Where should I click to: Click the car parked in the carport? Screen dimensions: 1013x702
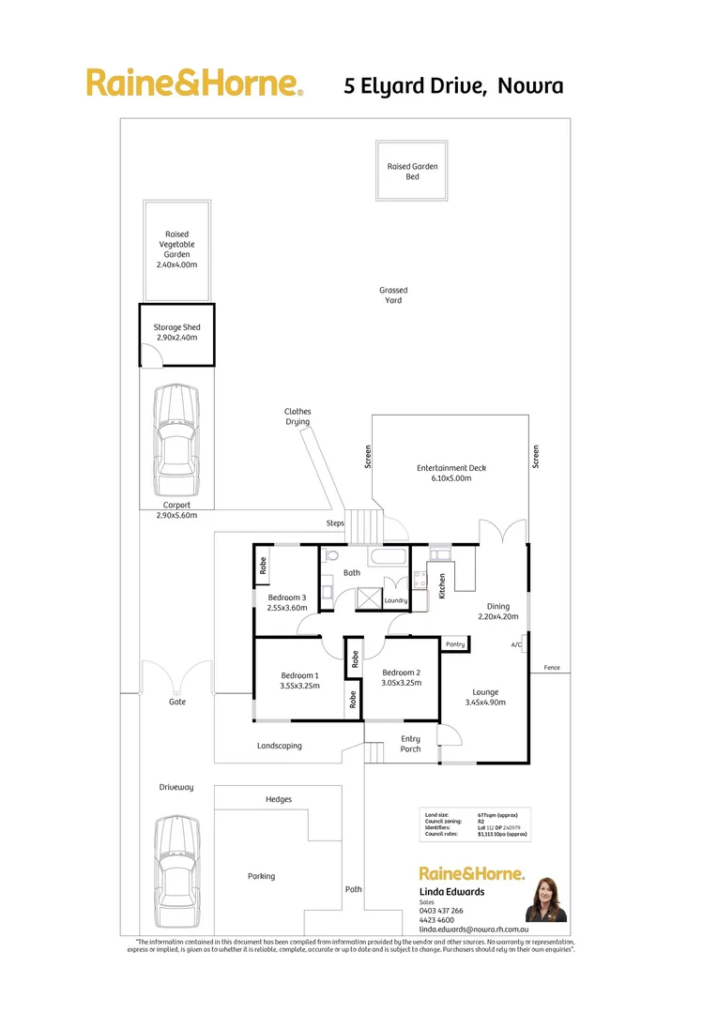click(x=176, y=443)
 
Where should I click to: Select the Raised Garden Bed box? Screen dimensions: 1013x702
click(x=412, y=171)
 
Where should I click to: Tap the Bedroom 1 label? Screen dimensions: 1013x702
click(x=299, y=679)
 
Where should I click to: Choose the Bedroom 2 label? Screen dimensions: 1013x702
click(x=401, y=678)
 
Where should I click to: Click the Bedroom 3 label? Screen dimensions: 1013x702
click(x=287, y=602)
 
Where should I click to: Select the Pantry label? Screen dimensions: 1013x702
click(x=455, y=644)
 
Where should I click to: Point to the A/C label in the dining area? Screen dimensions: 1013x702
click(x=516, y=645)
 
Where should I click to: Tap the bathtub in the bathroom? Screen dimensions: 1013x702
click(x=389, y=557)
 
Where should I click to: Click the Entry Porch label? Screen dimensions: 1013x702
click(x=411, y=744)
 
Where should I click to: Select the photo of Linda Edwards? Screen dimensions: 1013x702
click(x=546, y=900)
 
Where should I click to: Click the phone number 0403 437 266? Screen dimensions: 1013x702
click(x=441, y=911)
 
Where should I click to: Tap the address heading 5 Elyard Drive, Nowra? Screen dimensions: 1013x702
click(x=453, y=86)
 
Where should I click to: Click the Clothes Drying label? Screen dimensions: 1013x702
click(x=298, y=416)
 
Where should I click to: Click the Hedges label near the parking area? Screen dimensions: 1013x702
click(x=279, y=799)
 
